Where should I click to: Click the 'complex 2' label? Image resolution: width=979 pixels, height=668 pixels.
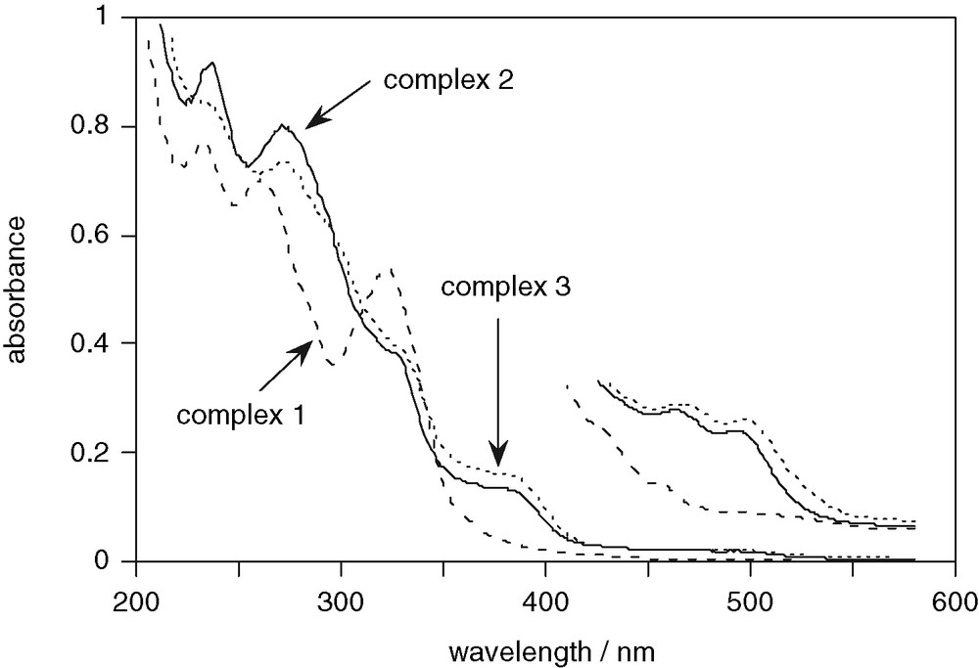click(448, 78)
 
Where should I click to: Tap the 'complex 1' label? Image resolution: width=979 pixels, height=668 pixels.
click(241, 416)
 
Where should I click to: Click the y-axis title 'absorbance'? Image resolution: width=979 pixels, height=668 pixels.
click(19, 290)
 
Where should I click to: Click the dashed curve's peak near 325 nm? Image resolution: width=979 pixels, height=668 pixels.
click(392, 269)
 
